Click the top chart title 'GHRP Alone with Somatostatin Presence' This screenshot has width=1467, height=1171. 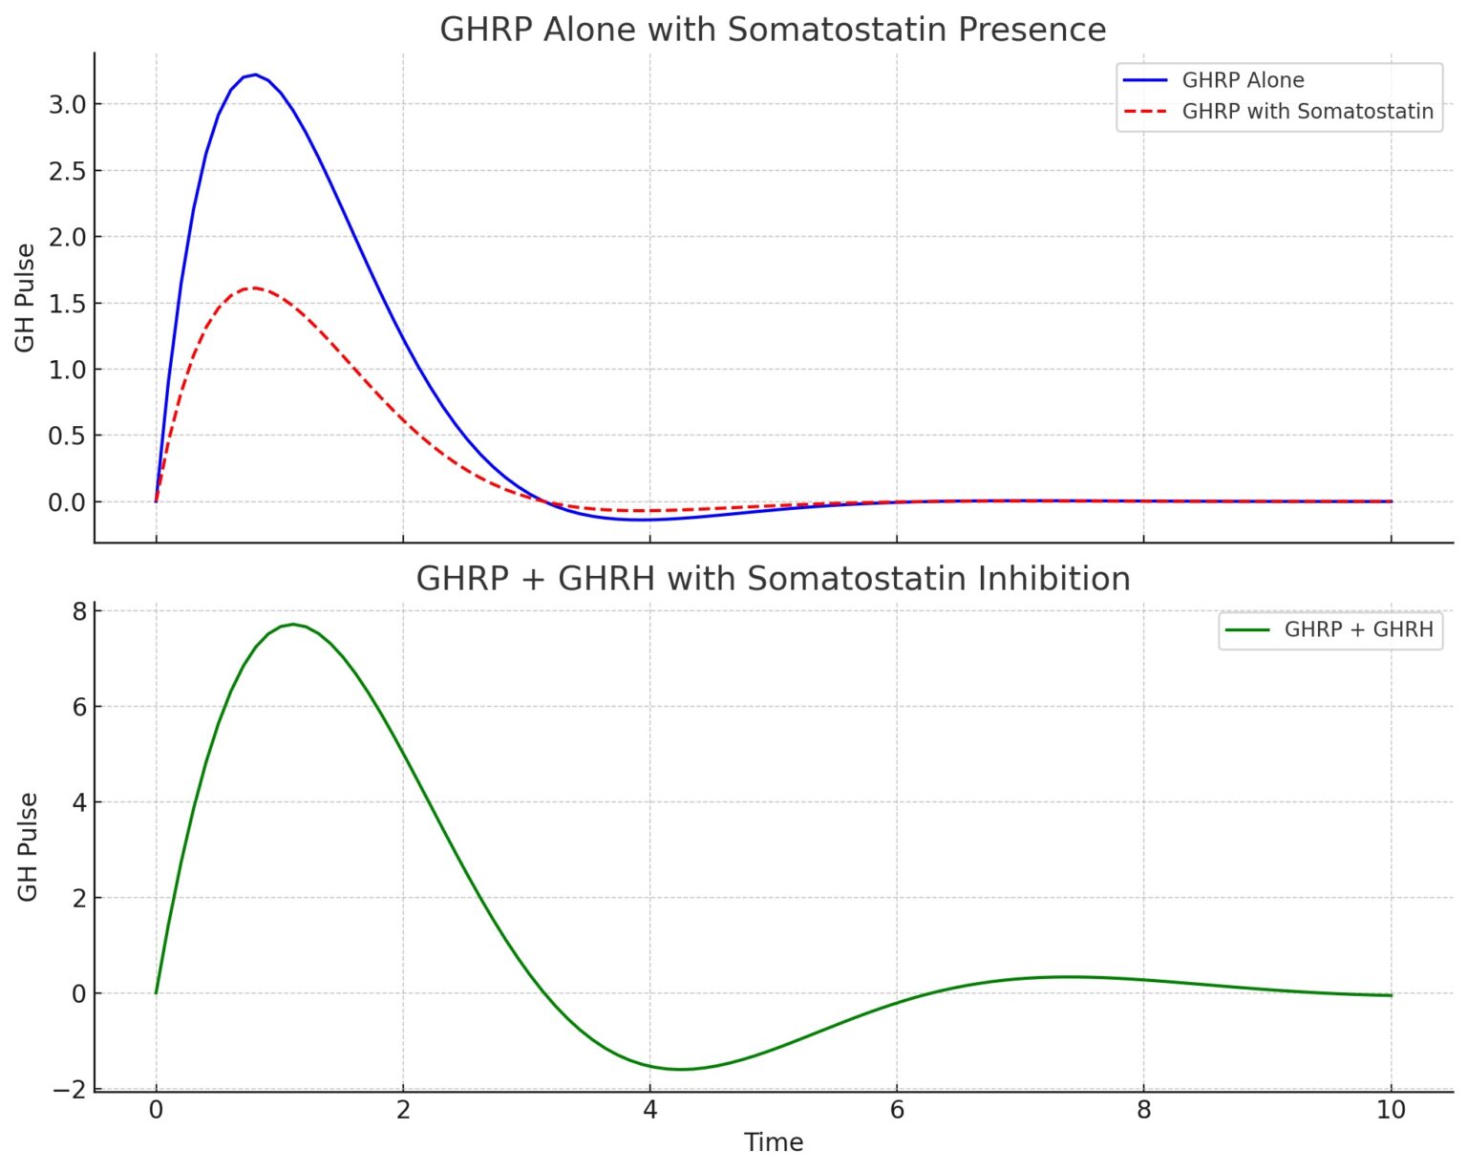point(773,30)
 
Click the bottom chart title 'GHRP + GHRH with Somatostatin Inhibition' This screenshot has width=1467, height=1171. point(773,579)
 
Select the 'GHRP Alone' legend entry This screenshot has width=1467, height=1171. point(1242,80)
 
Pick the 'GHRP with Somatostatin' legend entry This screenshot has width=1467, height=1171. point(1307,112)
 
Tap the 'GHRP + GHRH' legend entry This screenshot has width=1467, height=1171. point(1357,629)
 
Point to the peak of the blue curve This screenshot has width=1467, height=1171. point(254,75)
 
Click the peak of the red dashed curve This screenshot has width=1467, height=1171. point(254,287)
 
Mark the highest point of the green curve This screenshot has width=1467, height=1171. point(293,624)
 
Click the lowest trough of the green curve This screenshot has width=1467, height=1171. point(681,1069)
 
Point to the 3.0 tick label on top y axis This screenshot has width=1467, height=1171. point(67,104)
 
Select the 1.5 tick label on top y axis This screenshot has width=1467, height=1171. point(67,304)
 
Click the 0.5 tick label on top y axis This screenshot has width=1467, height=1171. point(67,436)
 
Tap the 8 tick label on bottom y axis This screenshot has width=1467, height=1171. point(78,611)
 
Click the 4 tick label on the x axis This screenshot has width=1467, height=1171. point(649,1110)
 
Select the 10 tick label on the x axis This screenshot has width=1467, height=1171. point(1391,1110)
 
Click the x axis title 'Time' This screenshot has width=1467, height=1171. point(773,1142)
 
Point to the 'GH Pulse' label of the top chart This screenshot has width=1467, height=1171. point(26,297)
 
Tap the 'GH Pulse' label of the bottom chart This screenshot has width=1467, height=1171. point(28,846)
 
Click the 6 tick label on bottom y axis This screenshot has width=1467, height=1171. point(78,707)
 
